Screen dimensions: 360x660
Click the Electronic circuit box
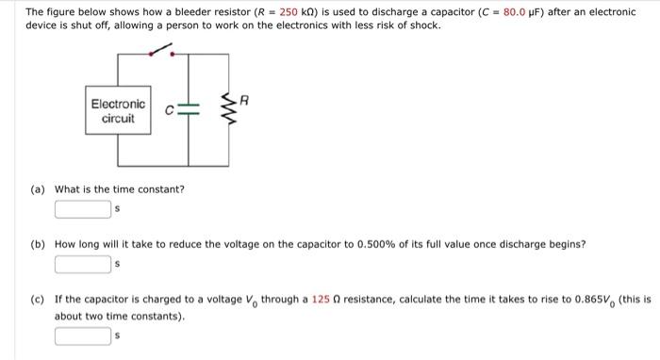tap(118, 111)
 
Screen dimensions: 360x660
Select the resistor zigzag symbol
tap(227, 112)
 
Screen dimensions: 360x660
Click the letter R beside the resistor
tap(243, 98)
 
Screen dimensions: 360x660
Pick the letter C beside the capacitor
tap(170, 111)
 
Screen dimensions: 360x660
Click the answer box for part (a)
tap(83, 208)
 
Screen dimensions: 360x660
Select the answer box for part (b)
tap(83, 264)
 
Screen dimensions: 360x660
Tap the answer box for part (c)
tap(83, 335)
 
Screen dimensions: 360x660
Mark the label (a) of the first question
tap(38, 189)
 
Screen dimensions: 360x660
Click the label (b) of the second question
tap(38, 244)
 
